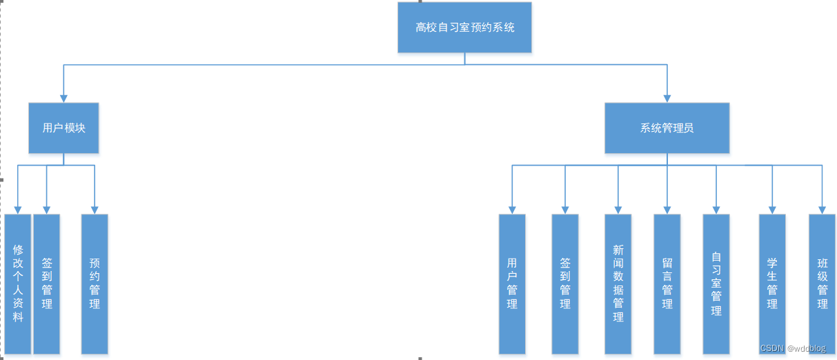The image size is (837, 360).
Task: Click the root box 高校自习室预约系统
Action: pos(464,28)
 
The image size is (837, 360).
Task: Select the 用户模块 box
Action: pos(63,128)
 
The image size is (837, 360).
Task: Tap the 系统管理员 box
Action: pos(667,128)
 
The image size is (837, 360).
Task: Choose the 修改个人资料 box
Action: pos(18,283)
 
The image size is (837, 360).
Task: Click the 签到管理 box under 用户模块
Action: pos(47,283)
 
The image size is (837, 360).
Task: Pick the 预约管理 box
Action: pos(95,283)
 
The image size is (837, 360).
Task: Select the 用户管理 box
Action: pos(512,283)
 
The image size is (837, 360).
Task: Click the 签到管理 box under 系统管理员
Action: pos(565,283)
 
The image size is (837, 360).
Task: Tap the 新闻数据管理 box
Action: pos(618,283)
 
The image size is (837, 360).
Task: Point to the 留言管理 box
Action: pos(667,283)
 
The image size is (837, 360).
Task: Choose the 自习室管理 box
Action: pos(716,283)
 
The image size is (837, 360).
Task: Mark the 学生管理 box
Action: pos(772,283)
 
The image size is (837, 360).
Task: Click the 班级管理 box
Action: pos(822,283)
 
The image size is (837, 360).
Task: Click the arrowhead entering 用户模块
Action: pos(63,99)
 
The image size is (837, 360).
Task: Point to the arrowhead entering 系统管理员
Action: pos(667,99)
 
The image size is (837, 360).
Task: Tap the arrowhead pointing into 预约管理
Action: pos(95,210)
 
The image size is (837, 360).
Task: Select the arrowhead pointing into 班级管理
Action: pos(822,210)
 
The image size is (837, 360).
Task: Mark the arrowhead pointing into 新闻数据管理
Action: pos(618,210)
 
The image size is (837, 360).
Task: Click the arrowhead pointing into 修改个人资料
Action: pos(18,210)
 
